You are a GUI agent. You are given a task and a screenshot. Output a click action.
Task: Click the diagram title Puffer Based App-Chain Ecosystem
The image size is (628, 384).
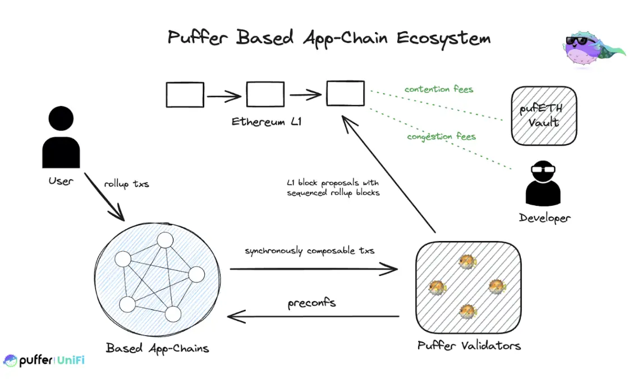(329, 38)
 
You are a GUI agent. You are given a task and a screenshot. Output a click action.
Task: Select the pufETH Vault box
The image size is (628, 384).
(543, 116)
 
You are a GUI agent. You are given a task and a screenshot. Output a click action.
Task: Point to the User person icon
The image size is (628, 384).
(61, 138)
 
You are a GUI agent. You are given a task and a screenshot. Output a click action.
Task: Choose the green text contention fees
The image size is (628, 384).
(438, 89)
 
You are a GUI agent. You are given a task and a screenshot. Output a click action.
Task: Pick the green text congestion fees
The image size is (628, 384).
(441, 136)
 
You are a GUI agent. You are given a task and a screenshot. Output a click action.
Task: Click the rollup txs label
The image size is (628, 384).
(126, 184)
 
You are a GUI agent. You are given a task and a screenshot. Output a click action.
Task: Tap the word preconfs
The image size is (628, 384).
(312, 303)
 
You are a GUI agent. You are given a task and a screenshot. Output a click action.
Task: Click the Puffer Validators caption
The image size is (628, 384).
(469, 345)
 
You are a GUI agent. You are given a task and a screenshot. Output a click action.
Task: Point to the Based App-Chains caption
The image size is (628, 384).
(157, 348)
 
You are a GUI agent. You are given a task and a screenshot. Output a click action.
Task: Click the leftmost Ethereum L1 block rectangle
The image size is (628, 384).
(185, 95)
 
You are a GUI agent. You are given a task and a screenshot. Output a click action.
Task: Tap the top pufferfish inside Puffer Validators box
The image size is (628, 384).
(467, 261)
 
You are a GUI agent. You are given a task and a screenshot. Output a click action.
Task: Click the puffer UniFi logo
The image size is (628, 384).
(44, 360)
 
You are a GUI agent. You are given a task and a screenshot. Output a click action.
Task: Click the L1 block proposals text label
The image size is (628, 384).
(333, 188)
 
